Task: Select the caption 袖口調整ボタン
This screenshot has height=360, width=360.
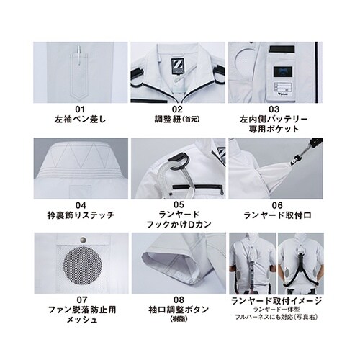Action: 178,310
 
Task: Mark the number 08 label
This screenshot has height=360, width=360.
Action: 178,299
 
